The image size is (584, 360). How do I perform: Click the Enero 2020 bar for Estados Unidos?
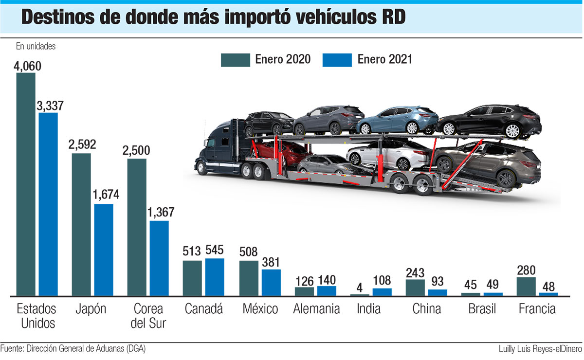(26, 185)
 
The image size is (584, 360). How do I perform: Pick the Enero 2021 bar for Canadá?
(215, 277)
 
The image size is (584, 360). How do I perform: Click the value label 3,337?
(48, 106)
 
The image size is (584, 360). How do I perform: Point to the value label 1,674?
(104, 196)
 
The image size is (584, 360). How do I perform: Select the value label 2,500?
(137, 151)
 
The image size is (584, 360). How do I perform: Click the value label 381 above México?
(271, 262)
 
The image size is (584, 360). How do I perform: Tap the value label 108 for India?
(382, 281)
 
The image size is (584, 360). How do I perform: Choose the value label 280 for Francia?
(527, 270)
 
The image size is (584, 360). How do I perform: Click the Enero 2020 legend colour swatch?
(235, 60)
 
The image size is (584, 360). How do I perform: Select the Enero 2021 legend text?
(384, 60)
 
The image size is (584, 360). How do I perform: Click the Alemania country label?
(317, 309)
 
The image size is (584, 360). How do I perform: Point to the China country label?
(426, 309)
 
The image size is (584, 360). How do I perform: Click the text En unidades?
(36, 47)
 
